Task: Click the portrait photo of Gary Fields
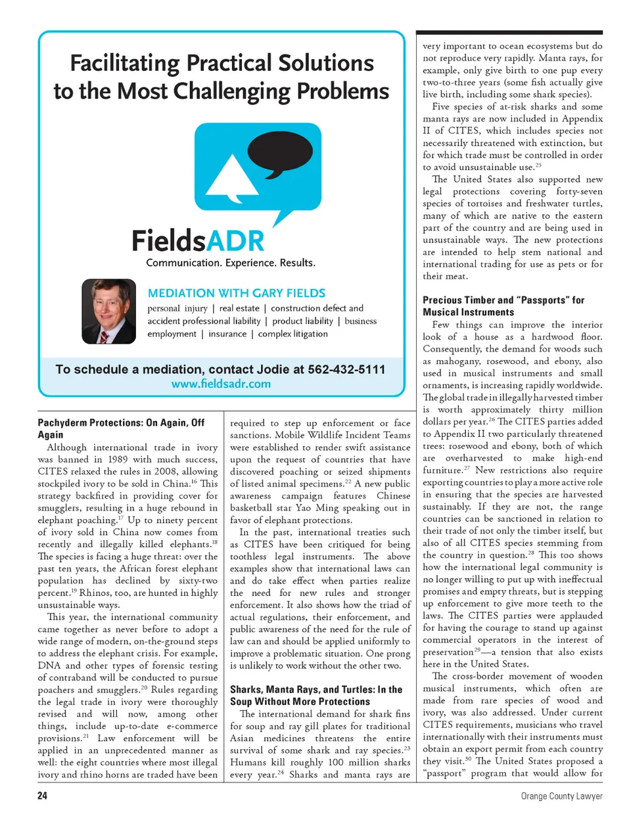(108, 311)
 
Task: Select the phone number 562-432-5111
(346, 369)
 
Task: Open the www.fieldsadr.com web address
(221, 384)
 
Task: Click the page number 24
(42, 796)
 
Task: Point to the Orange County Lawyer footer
(561, 796)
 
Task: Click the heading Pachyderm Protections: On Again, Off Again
(121, 428)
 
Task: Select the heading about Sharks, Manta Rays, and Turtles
(315, 695)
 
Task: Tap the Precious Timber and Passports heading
(503, 306)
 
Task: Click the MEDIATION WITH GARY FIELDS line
(237, 293)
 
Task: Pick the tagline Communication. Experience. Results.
(231, 263)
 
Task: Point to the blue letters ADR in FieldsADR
(235, 240)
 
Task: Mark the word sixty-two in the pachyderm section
(198, 581)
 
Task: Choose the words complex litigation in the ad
(292, 334)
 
